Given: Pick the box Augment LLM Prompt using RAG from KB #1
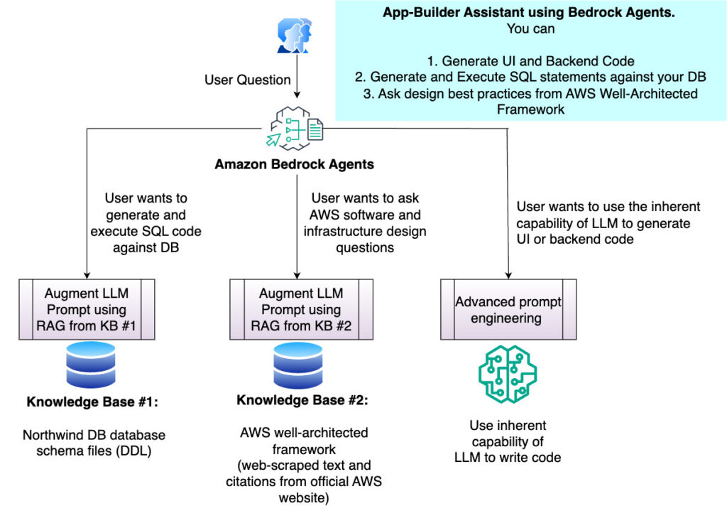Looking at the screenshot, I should [86, 310].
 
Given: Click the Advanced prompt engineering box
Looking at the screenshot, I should [508, 310].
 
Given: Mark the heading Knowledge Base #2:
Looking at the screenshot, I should [302, 399].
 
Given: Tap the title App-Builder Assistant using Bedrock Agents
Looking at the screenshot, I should [528, 13].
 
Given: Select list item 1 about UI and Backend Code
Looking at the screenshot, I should [528, 61].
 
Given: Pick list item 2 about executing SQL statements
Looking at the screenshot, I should [528, 77].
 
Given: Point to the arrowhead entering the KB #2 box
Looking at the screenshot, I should [297, 274].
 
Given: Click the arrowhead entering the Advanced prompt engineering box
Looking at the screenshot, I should [508, 274].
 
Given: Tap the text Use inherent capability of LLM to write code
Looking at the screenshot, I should [508, 441].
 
